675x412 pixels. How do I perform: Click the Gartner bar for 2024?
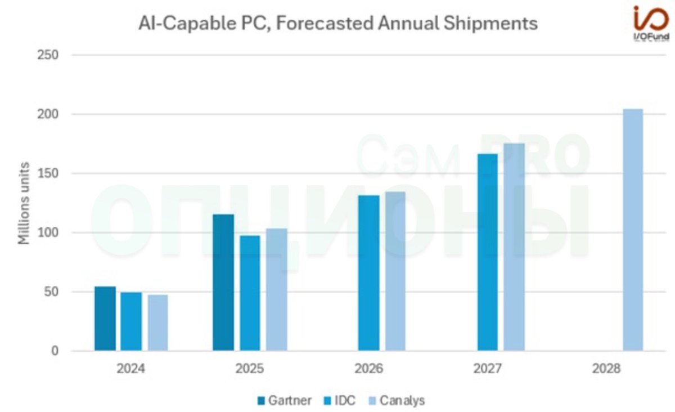tap(105, 319)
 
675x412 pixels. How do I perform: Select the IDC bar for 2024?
tap(131, 321)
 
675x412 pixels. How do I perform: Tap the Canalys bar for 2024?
tap(157, 323)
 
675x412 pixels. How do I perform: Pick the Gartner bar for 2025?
tap(223, 283)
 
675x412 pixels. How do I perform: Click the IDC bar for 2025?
tap(250, 293)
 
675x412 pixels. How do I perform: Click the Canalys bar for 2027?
tap(514, 247)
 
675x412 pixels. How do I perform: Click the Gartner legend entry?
tap(284, 401)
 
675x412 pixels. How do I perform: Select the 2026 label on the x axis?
tap(368, 370)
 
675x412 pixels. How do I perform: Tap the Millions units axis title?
tap(23, 203)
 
